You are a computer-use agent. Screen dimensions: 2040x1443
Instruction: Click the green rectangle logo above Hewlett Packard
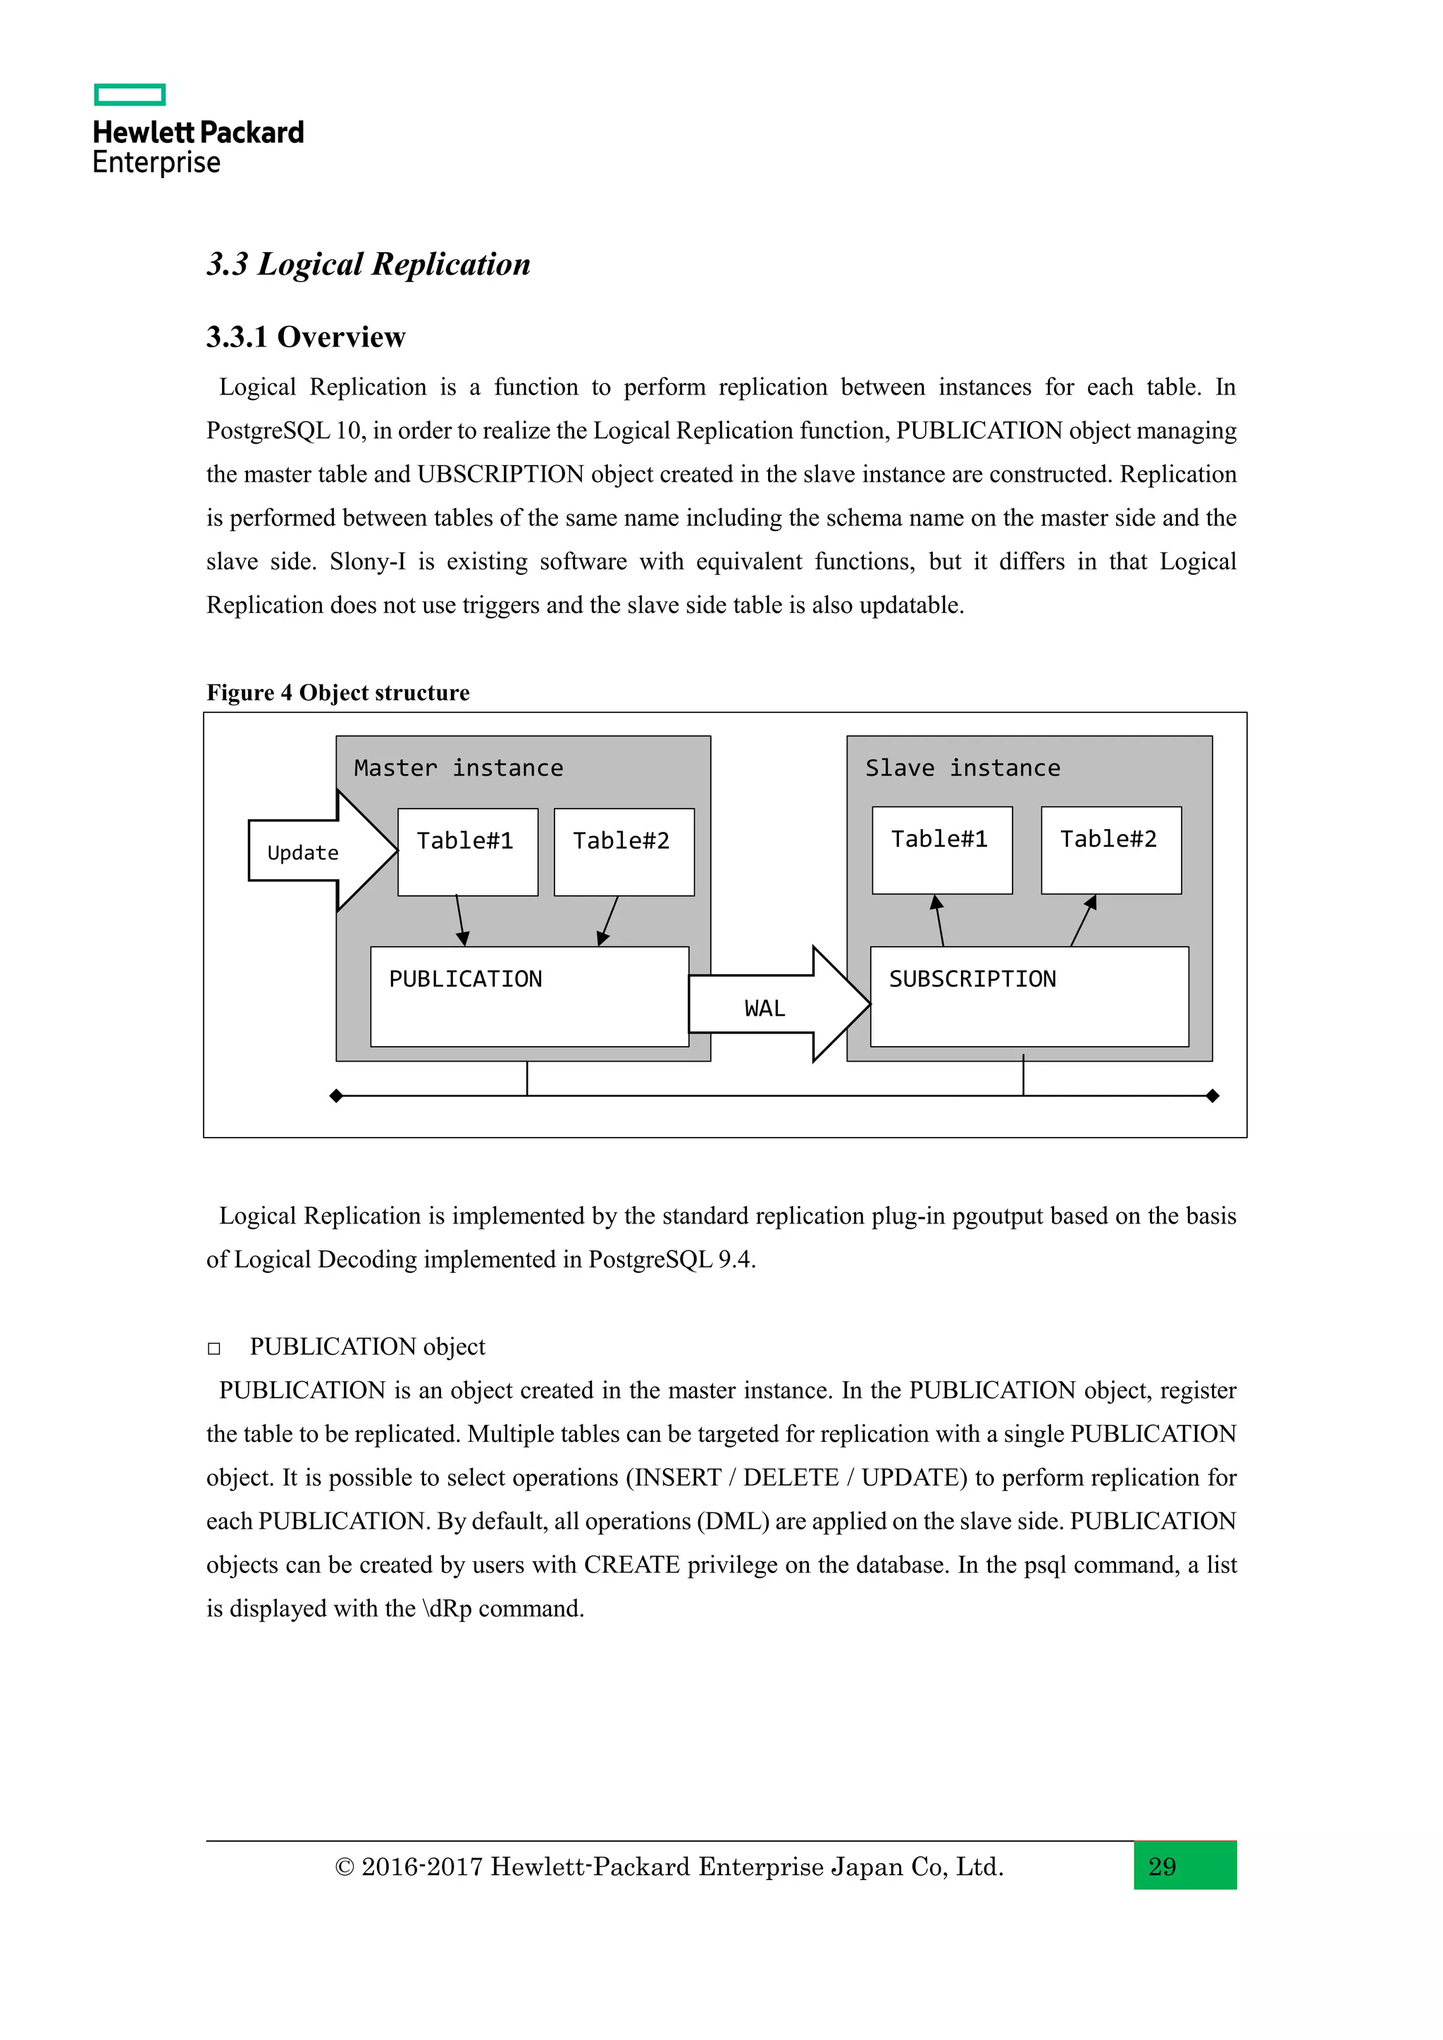tap(130, 94)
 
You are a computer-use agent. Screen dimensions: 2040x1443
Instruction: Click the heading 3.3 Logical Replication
tap(368, 264)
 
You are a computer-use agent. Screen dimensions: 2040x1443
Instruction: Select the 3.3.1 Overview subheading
tap(306, 337)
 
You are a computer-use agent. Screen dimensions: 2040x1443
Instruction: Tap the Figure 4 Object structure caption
tap(337, 692)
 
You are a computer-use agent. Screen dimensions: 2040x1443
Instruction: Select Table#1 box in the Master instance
tap(467, 850)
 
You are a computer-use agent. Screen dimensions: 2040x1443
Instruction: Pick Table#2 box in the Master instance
tap(624, 850)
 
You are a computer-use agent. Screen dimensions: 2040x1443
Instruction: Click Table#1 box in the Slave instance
tap(942, 849)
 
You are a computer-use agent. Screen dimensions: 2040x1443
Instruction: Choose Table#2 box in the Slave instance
tap(1110, 849)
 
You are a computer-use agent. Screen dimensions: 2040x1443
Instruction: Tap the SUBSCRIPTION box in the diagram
tap(1029, 996)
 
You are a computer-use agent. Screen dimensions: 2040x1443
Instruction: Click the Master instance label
tap(459, 768)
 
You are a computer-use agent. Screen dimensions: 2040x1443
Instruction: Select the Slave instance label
tap(962, 768)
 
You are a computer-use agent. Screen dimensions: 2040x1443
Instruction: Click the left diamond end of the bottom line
tap(336, 1095)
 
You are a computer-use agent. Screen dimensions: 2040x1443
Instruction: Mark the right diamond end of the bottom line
tap(1213, 1095)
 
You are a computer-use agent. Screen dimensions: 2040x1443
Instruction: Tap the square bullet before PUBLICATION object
tap(214, 1348)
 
